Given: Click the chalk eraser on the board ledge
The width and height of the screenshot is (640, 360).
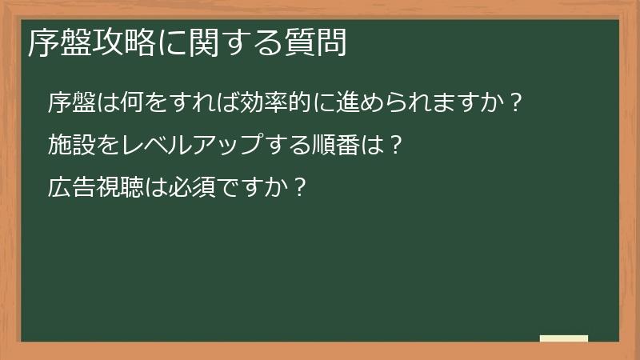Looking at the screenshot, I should click(564, 338).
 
